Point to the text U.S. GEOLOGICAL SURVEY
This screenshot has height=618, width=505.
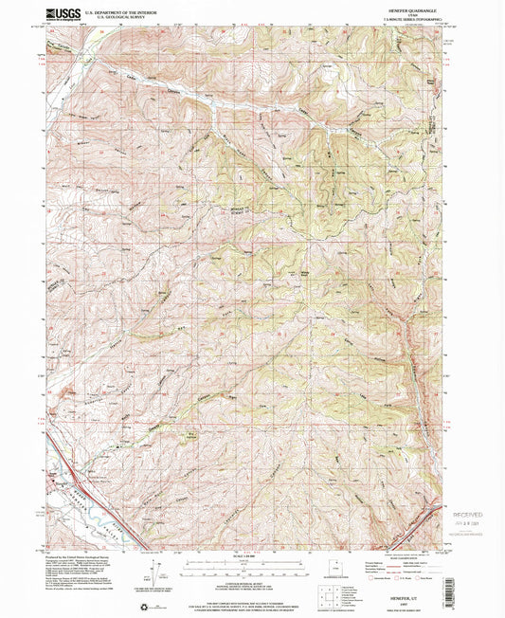coord(116,18)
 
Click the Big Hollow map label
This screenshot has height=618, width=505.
coord(193,409)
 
